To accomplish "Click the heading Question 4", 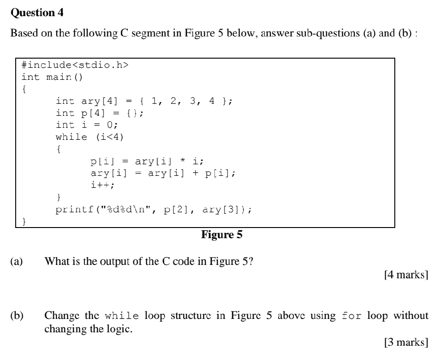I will click(x=37, y=13).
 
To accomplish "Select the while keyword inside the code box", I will click(x=71, y=137).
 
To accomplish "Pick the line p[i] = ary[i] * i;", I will click(x=147, y=161).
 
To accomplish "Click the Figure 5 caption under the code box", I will click(x=222, y=235).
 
